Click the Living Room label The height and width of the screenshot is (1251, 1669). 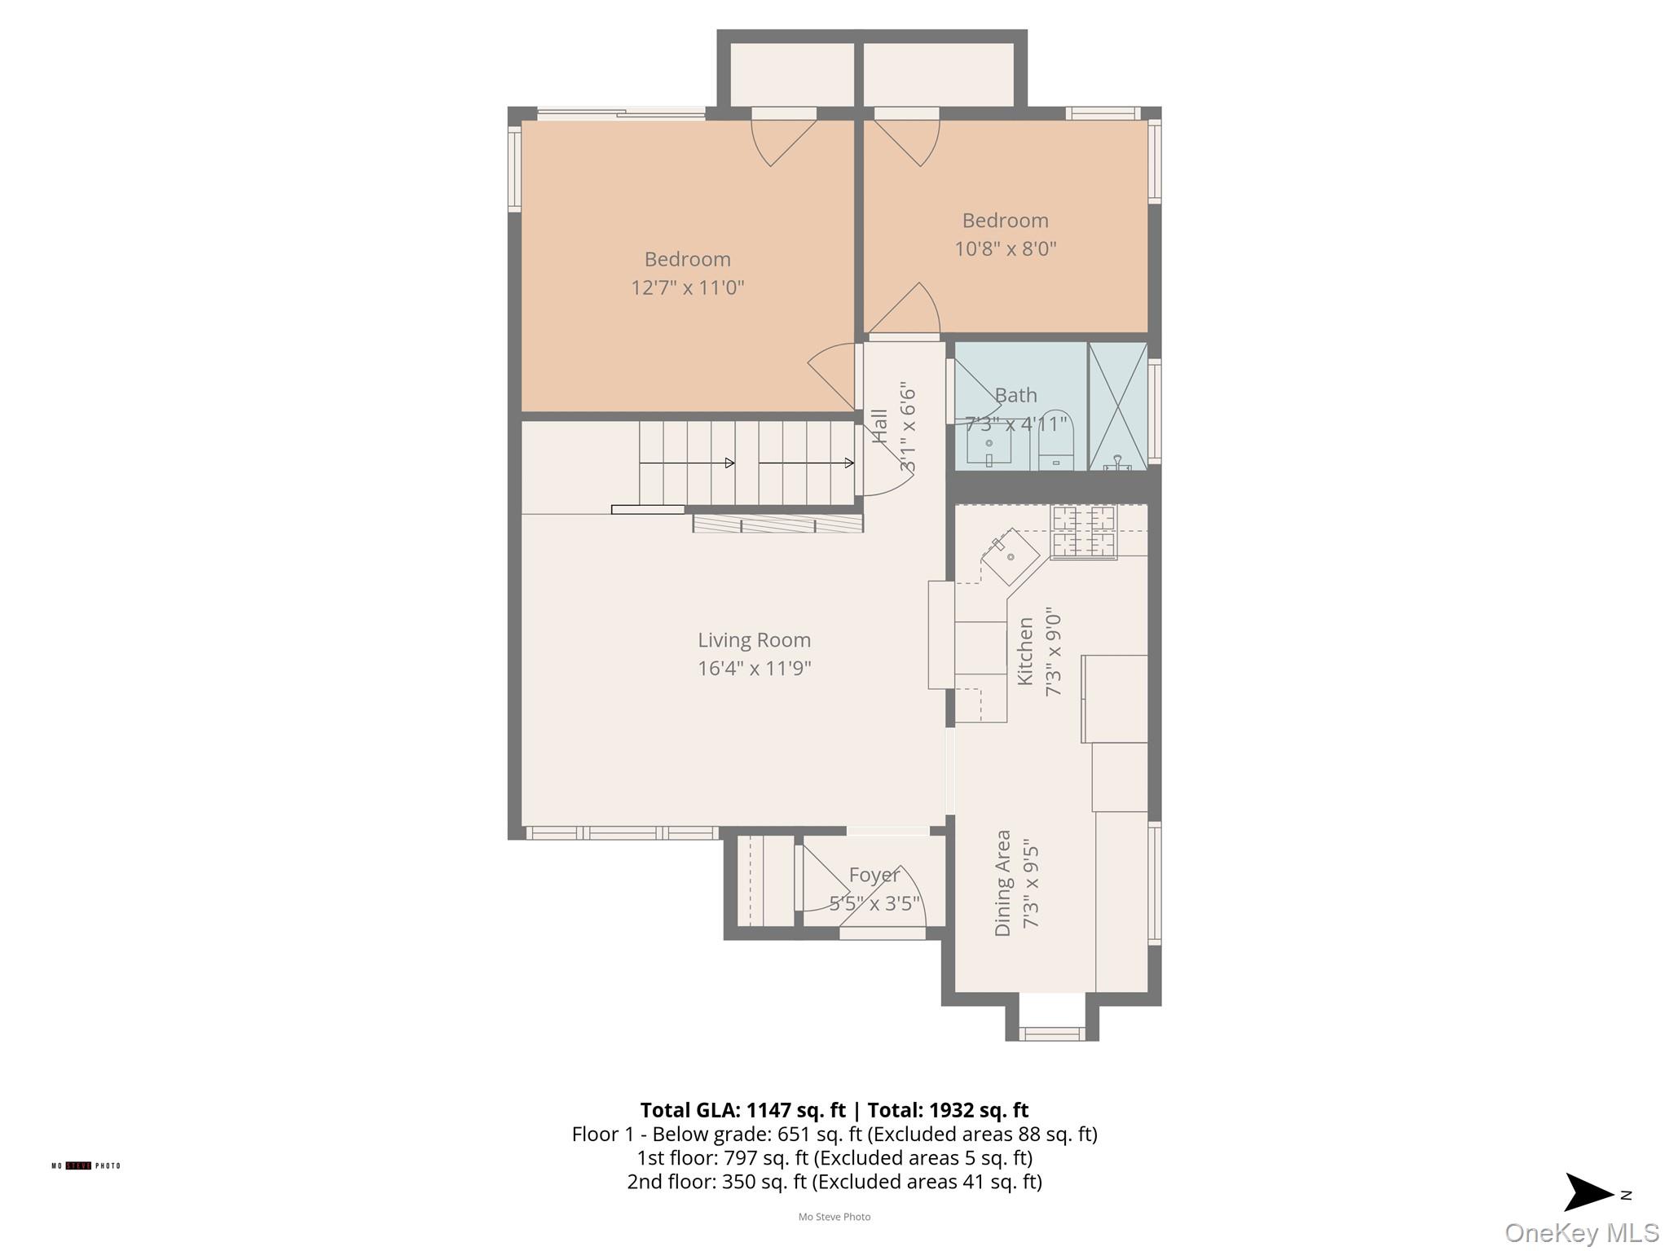pos(754,640)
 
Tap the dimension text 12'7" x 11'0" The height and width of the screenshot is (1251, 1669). pos(687,288)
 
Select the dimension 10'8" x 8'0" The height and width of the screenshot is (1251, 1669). pos(1005,248)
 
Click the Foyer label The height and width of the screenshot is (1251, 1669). pos(874,875)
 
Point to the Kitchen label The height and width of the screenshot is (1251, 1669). pos(1025,651)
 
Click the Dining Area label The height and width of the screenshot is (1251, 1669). pos(1002,883)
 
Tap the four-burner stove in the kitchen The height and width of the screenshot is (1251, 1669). pos(1083,532)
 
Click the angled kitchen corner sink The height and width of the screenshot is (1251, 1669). pos(1011,557)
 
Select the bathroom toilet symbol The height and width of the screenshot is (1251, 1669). pos(1056,444)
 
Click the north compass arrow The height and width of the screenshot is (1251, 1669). pos(1589,1194)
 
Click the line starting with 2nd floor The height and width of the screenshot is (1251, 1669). pos(834,1182)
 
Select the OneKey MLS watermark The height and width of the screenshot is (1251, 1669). pos(1581,1233)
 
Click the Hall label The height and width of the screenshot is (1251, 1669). pos(879,426)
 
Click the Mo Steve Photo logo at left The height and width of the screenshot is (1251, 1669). pos(86,1165)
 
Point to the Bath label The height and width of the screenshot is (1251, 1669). pos(1015,395)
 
